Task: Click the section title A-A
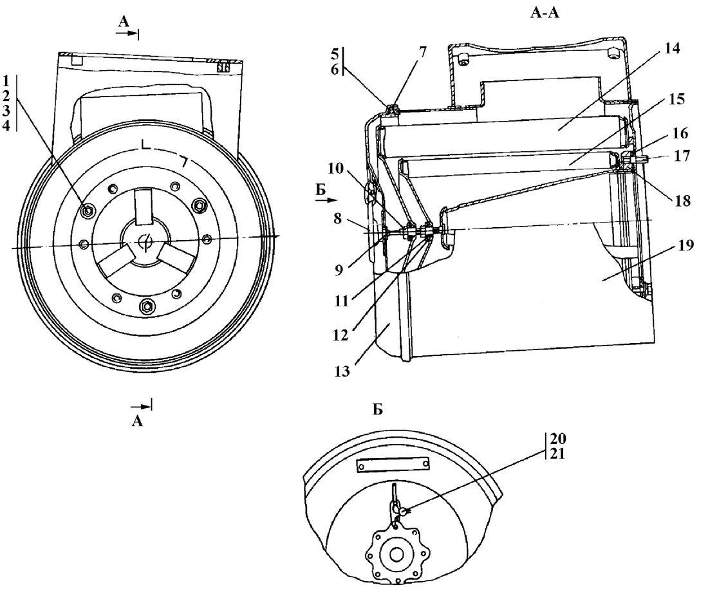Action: [x=545, y=13]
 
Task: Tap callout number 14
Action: [x=672, y=48]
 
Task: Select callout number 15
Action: [x=676, y=99]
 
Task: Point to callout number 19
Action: [x=685, y=247]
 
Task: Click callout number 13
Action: [x=342, y=371]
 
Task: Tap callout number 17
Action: [x=682, y=156]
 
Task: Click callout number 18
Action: [x=683, y=200]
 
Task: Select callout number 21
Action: [x=557, y=453]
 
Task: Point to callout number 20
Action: [x=557, y=438]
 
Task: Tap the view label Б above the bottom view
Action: [x=378, y=409]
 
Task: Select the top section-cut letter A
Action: [x=124, y=21]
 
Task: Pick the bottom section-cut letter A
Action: [x=137, y=421]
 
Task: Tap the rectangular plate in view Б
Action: [x=393, y=465]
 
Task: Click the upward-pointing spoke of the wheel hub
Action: [x=144, y=207]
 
